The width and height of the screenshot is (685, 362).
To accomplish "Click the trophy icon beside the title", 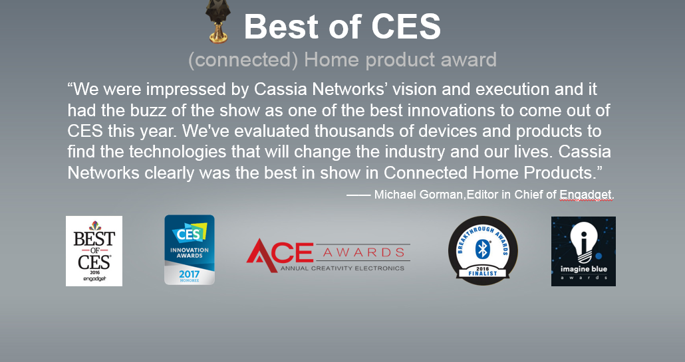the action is point(218,21).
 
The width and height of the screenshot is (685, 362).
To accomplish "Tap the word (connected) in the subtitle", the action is point(243,60).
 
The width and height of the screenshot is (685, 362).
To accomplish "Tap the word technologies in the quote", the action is point(178,152).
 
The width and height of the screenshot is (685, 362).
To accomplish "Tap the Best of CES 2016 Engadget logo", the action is point(94,251).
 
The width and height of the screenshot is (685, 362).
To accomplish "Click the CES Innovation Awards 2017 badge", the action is point(189,250).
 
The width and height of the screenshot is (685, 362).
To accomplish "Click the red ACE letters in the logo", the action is point(279,254).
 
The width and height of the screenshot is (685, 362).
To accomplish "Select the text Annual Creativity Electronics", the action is point(342,268).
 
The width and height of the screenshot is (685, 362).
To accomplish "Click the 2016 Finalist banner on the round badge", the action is point(483,271).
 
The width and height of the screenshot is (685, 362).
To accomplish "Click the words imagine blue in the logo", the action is point(584,268).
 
